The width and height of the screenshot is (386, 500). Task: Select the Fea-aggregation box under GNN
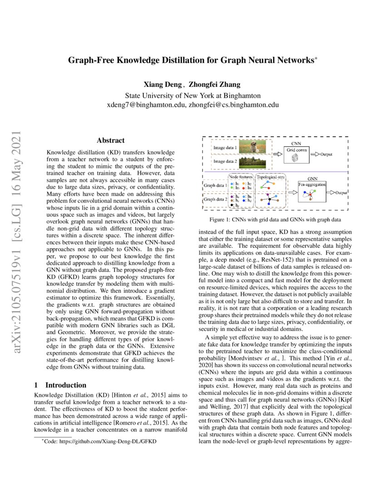[312, 193]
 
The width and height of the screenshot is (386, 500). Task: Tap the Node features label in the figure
[240, 176]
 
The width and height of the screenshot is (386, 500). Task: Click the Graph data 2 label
[215, 199]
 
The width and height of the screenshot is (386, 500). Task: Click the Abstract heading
[111, 141]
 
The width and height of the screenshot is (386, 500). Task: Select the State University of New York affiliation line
[193, 95]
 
